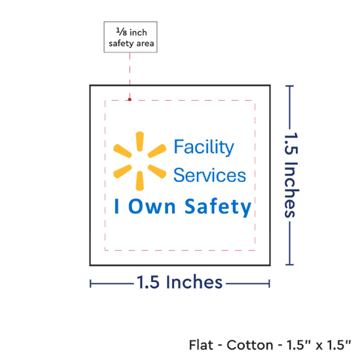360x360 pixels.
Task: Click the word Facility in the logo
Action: coord(204,147)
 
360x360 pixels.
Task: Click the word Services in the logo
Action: coord(209,175)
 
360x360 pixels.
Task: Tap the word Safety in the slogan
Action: coord(218,207)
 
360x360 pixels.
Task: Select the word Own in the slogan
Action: coord(152,206)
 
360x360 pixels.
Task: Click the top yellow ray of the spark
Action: coord(139,141)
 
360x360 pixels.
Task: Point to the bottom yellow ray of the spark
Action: coord(139,181)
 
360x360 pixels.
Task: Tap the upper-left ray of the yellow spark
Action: coord(122,151)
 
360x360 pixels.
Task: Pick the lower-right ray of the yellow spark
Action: coord(157,171)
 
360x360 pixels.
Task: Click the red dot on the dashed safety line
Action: coord(130,99)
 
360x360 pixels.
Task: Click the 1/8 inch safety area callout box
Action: coord(130,37)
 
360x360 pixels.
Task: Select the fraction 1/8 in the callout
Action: coord(122,31)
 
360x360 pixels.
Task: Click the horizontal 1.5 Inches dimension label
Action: coord(180,281)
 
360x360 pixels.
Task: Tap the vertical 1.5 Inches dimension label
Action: coord(291,175)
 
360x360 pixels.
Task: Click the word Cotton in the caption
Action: coord(250,345)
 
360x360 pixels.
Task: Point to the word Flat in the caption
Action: coord(201,344)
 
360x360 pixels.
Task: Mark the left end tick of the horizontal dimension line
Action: coord(90,284)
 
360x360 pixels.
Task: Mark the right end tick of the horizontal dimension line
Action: coord(269,284)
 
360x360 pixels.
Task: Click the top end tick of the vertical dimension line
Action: coord(289,86)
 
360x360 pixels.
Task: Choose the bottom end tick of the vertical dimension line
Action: coord(289,264)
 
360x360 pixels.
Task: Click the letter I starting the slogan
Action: coord(117,206)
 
